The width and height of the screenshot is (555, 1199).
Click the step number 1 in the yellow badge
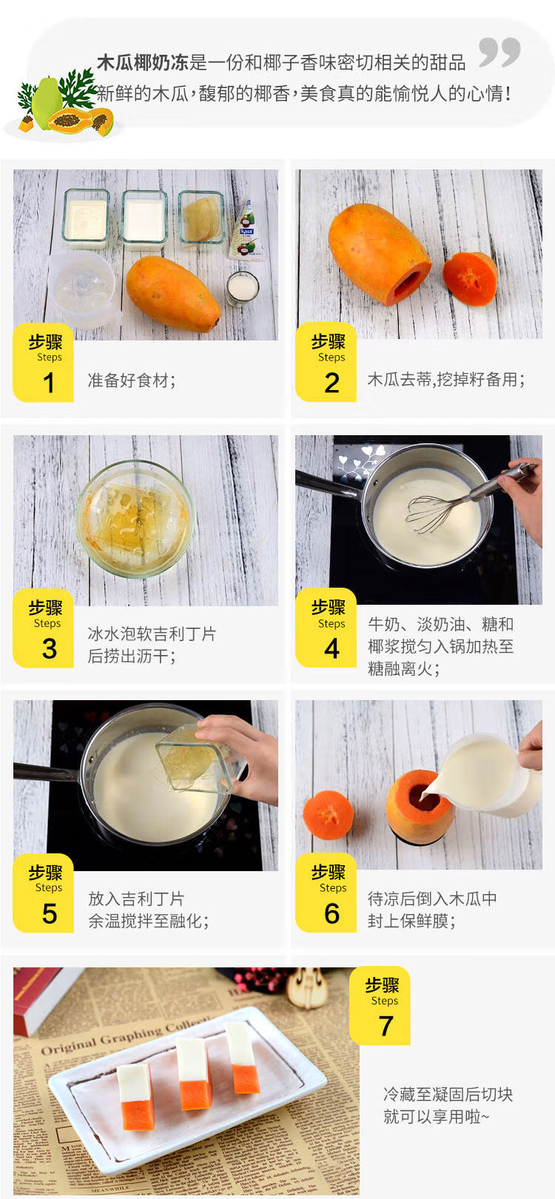(48, 383)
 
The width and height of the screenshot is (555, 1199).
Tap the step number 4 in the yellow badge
(332, 648)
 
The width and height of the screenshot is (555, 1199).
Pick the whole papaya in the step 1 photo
(173, 293)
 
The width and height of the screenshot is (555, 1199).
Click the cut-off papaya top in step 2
(470, 278)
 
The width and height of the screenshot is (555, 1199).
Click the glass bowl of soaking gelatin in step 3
(135, 518)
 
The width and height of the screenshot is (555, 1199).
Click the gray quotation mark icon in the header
(499, 52)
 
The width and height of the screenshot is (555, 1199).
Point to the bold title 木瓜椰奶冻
(143, 63)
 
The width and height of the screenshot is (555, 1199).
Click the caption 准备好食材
(132, 380)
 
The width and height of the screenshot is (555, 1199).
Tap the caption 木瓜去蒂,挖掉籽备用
(446, 380)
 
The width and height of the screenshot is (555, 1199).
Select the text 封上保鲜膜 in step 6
(411, 921)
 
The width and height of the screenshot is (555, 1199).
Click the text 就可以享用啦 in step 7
(436, 1117)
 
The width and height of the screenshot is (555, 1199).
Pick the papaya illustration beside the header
(65, 104)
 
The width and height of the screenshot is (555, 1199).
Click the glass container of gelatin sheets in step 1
(201, 218)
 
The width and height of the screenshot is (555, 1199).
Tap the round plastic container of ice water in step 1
(83, 289)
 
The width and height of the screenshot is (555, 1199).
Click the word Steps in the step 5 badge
(49, 887)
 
